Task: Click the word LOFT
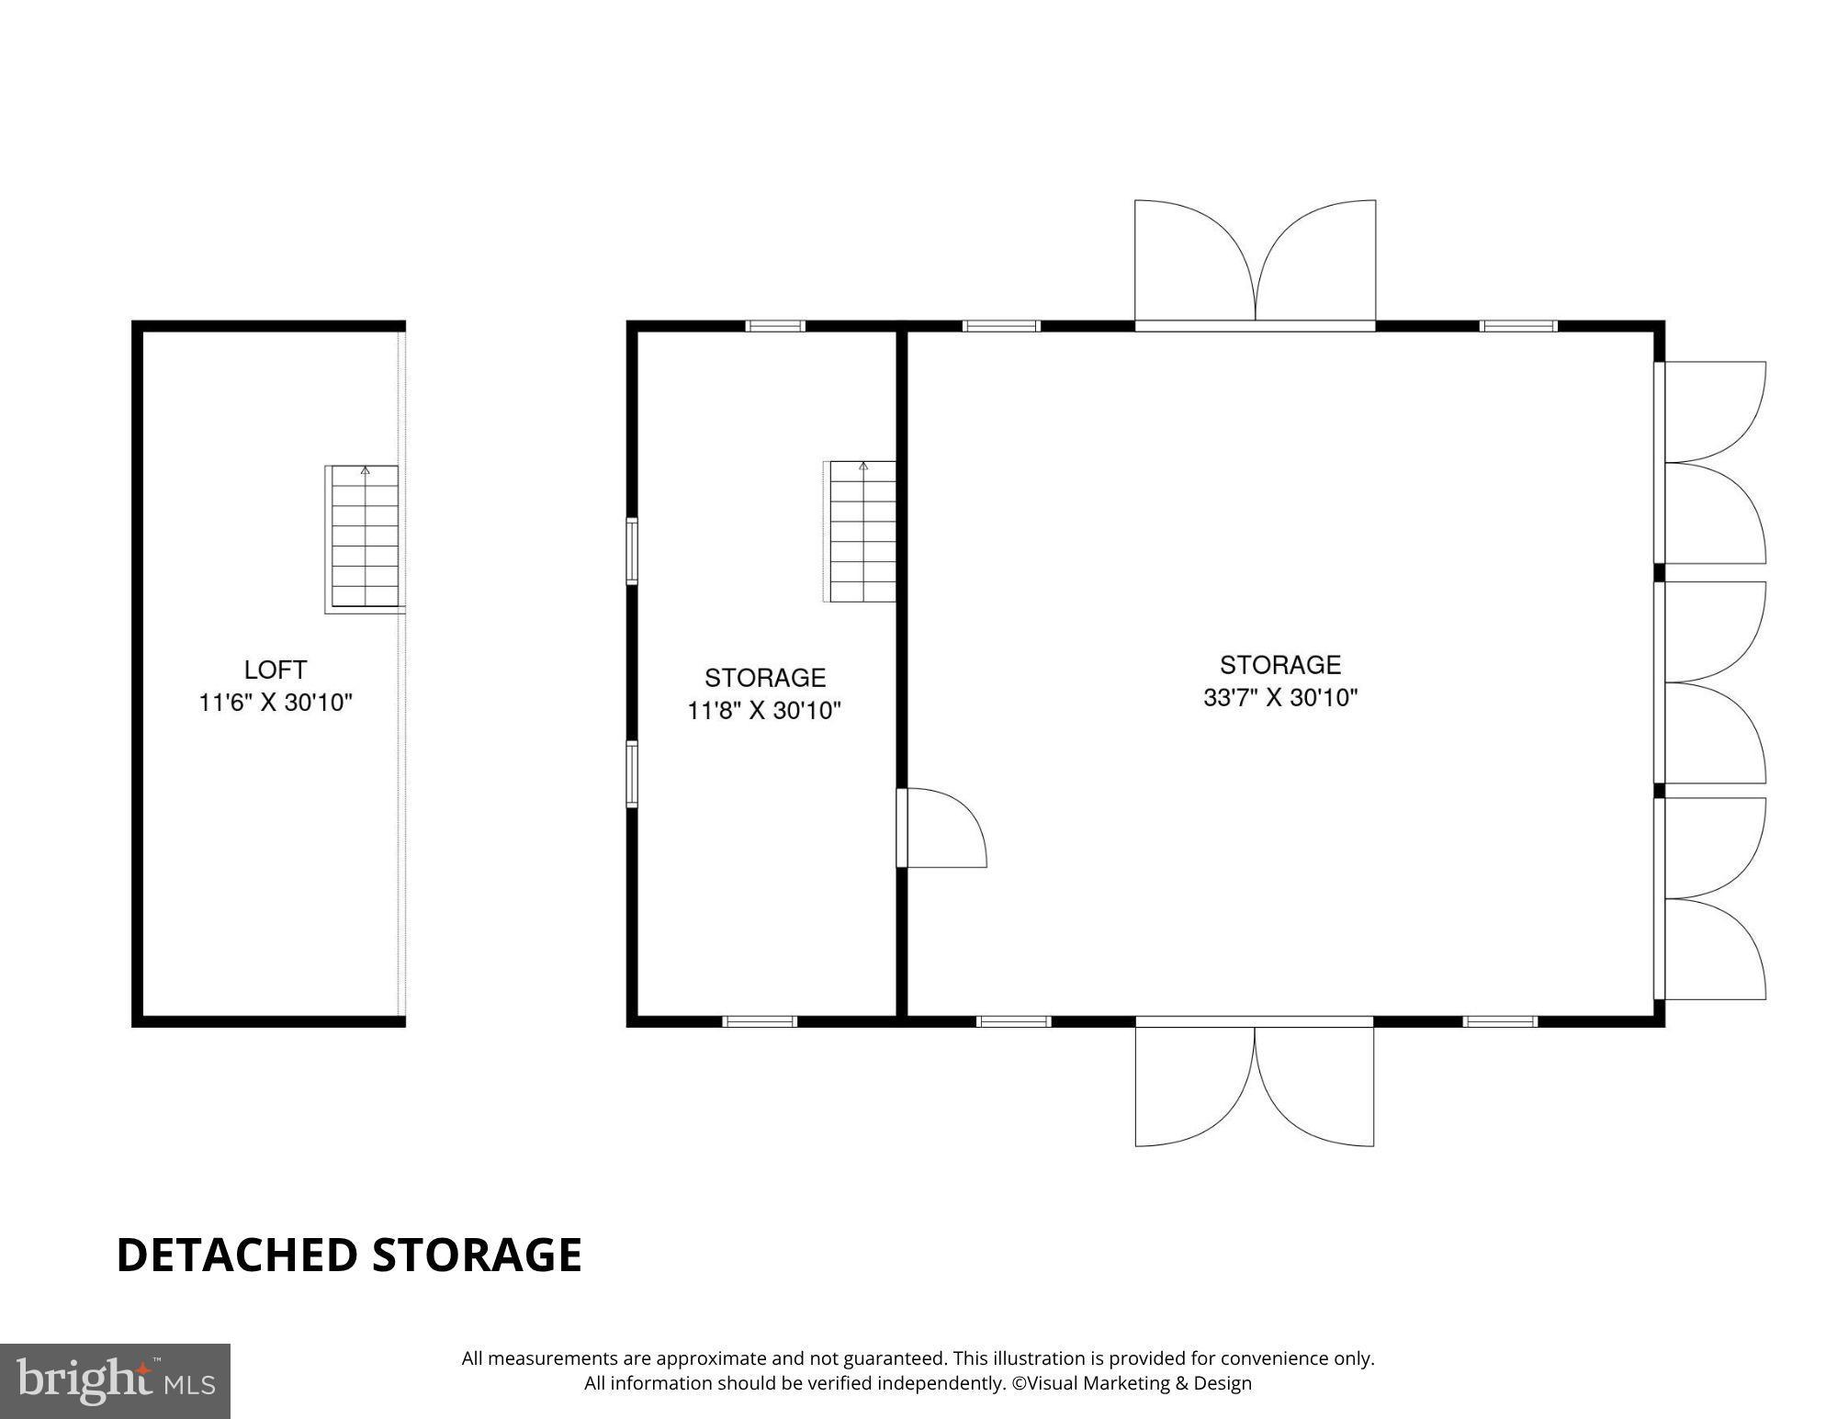[x=275, y=670]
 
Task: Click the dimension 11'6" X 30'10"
[x=276, y=704]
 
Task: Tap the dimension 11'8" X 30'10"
[x=764, y=711]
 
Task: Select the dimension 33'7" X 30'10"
[x=1280, y=698]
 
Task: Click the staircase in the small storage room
[x=862, y=533]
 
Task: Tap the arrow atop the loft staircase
[x=366, y=470]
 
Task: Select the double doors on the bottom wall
[x=1255, y=1084]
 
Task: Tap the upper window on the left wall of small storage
[x=632, y=551]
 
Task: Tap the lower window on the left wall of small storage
[x=632, y=774]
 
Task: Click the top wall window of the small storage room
[x=775, y=326]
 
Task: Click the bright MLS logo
[x=115, y=1381]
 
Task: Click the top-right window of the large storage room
[x=1518, y=326]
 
